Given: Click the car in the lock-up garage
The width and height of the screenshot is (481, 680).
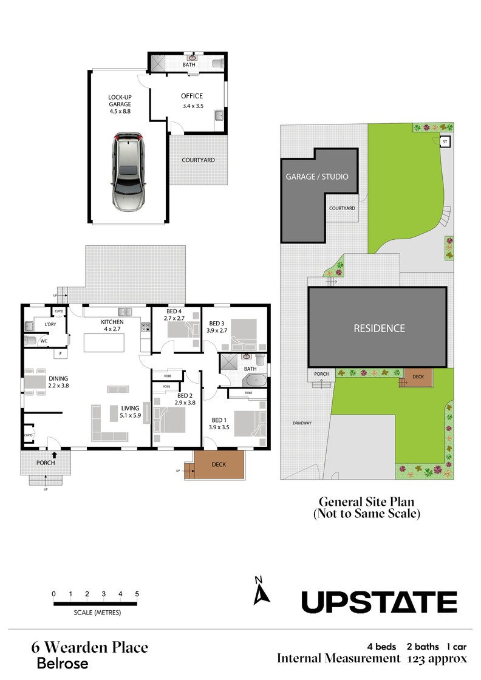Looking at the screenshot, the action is point(129,171).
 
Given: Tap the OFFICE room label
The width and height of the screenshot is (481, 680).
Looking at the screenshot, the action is point(192,97).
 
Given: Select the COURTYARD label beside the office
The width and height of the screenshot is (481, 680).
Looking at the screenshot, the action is point(198,160).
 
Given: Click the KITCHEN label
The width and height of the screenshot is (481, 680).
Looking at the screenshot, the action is point(112,322).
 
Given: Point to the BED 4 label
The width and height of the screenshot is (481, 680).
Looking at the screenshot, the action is point(174,311).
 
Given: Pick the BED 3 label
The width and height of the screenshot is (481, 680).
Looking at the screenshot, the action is point(217,324).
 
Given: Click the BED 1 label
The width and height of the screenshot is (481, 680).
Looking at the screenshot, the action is point(219,420).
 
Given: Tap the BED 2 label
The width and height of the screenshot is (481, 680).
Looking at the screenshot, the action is point(185,395).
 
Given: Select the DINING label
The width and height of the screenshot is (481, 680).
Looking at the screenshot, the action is point(58,379).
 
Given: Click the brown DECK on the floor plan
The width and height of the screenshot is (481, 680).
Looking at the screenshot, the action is point(219,464).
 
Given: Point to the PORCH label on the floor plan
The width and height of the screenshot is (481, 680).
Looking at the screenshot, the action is point(46,463).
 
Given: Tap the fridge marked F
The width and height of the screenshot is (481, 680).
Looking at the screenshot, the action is point(61,354).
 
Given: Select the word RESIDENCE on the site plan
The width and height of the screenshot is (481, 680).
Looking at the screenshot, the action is point(380,328).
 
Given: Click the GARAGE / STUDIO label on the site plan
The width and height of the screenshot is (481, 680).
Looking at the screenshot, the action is point(317,177).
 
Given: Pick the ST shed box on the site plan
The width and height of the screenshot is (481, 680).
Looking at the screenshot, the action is point(445,142).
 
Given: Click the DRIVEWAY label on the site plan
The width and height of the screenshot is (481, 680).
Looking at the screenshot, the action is point(302,423).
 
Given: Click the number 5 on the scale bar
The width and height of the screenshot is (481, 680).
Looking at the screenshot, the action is point(137,594).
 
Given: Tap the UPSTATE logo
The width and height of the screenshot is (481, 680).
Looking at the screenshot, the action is point(379,602).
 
